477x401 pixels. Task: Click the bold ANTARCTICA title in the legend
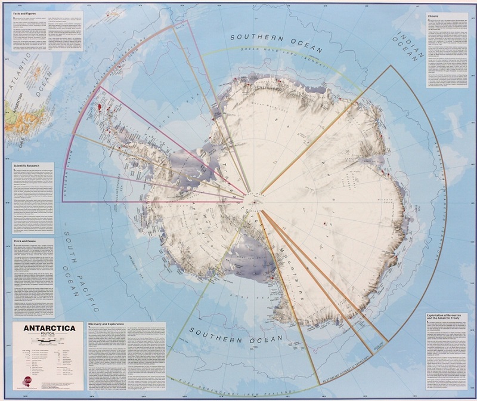click(x=45, y=328)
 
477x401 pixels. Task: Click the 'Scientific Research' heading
click(x=27, y=165)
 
